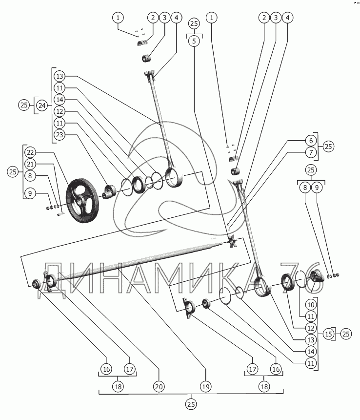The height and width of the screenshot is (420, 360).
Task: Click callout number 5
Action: [194, 42]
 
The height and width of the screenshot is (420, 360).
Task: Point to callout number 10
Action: [311, 304]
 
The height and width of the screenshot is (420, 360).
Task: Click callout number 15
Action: [328, 334]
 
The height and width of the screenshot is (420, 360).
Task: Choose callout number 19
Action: [206, 386]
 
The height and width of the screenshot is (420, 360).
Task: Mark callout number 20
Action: [158, 386]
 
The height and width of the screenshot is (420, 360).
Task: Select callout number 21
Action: [31, 164]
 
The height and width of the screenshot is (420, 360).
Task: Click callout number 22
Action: [31, 151]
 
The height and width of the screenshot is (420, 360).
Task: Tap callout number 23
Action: [60, 136]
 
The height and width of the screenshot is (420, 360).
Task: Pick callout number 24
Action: [42, 105]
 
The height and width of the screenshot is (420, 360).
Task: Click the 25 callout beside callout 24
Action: [23, 105]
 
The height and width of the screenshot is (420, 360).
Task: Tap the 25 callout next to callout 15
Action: [346, 334]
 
